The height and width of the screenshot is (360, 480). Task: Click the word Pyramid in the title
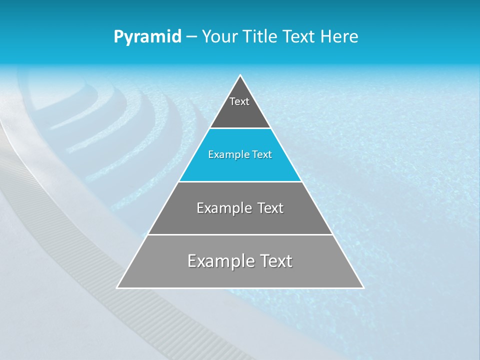[147, 37]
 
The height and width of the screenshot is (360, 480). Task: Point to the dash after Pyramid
[191, 37]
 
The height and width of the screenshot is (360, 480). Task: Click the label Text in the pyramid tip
[239, 101]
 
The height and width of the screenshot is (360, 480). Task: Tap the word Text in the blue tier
[262, 155]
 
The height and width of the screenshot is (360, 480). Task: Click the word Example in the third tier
[220, 208]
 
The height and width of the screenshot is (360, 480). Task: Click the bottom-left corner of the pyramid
[117, 287]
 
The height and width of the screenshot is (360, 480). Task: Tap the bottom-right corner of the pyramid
[363, 287]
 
